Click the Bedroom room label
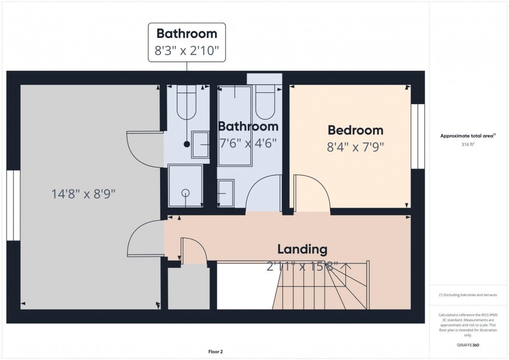coord(355,130)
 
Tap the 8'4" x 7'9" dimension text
coord(355,147)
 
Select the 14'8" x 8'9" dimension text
coord(83,194)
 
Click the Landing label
coord(302,249)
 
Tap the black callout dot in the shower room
coord(187,144)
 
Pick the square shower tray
coord(185,185)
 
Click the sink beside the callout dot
coord(200,144)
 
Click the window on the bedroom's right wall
coord(418,136)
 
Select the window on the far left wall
coord(14,205)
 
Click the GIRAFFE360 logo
coord(468,344)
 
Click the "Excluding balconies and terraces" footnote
coord(468,295)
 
